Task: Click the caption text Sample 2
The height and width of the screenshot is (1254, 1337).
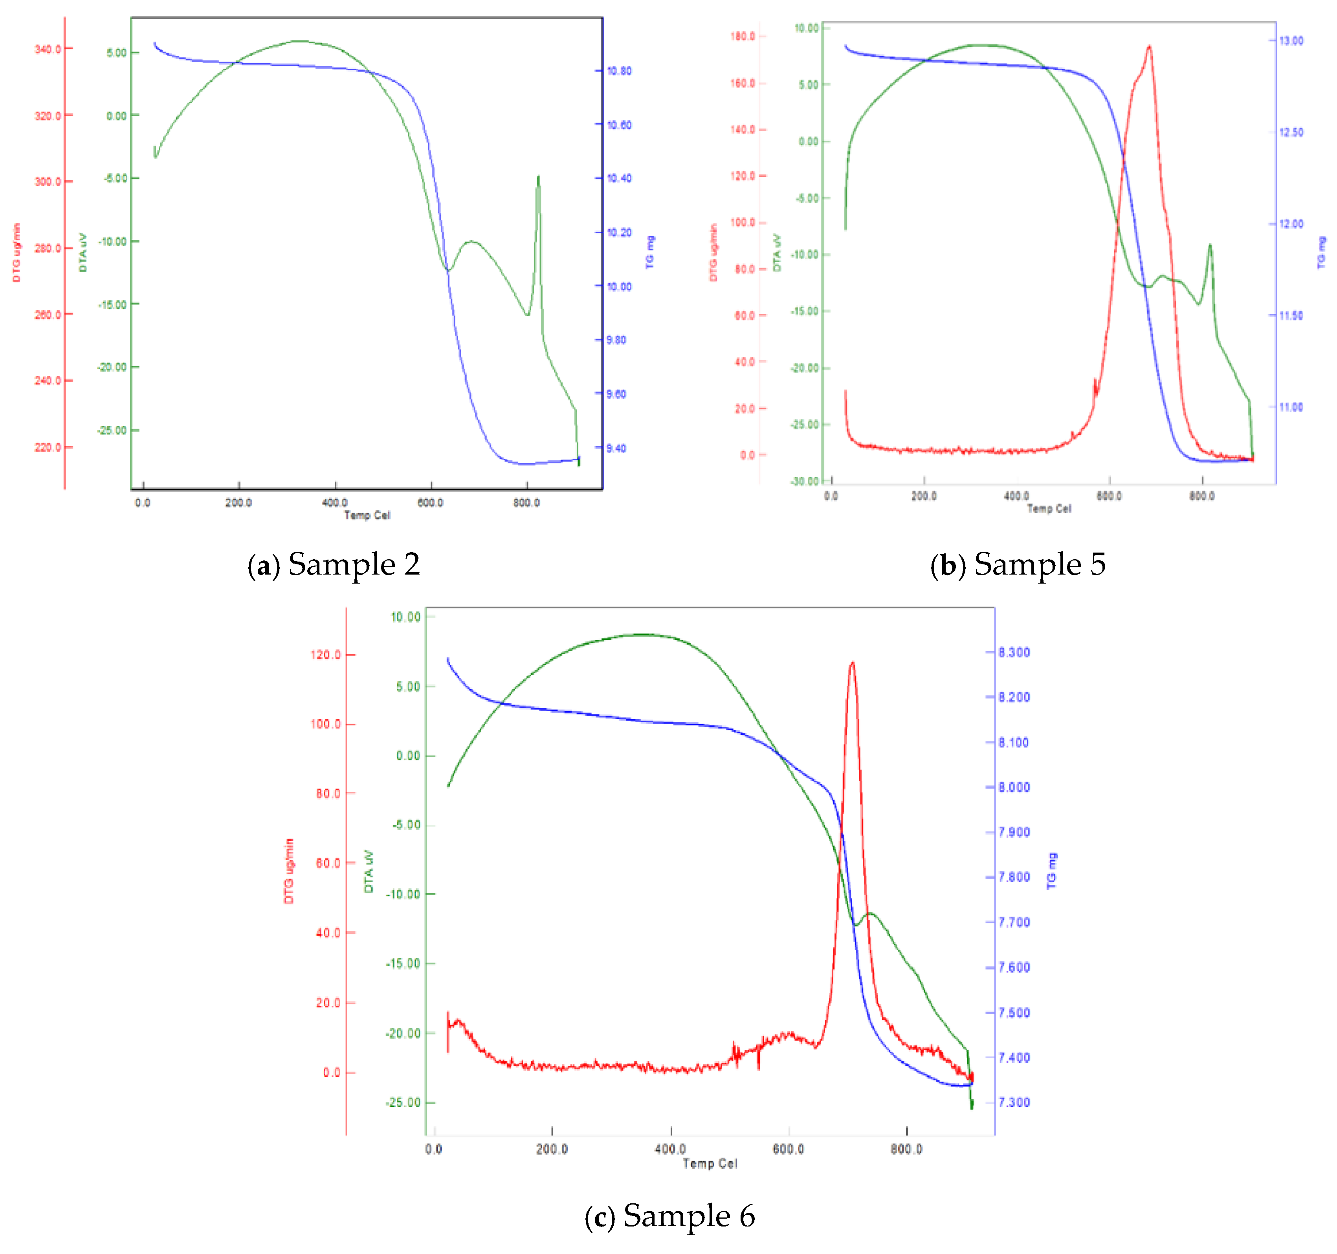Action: (x=334, y=564)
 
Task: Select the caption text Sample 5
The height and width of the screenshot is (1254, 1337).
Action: (x=1018, y=564)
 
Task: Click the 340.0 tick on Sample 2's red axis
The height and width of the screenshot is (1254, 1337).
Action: (x=48, y=49)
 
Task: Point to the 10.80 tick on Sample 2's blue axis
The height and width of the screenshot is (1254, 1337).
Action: (x=619, y=71)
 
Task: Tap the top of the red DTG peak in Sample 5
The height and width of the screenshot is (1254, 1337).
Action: (x=1149, y=46)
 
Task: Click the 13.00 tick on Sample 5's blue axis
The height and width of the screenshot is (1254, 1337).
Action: (x=1291, y=41)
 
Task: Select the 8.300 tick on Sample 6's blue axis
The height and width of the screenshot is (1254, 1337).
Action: (x=1014, y=652)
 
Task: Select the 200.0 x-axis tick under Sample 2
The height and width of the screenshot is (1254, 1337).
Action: (x=238, y=503)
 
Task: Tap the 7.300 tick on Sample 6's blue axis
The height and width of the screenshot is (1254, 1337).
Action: (x=1014, y=1102)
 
